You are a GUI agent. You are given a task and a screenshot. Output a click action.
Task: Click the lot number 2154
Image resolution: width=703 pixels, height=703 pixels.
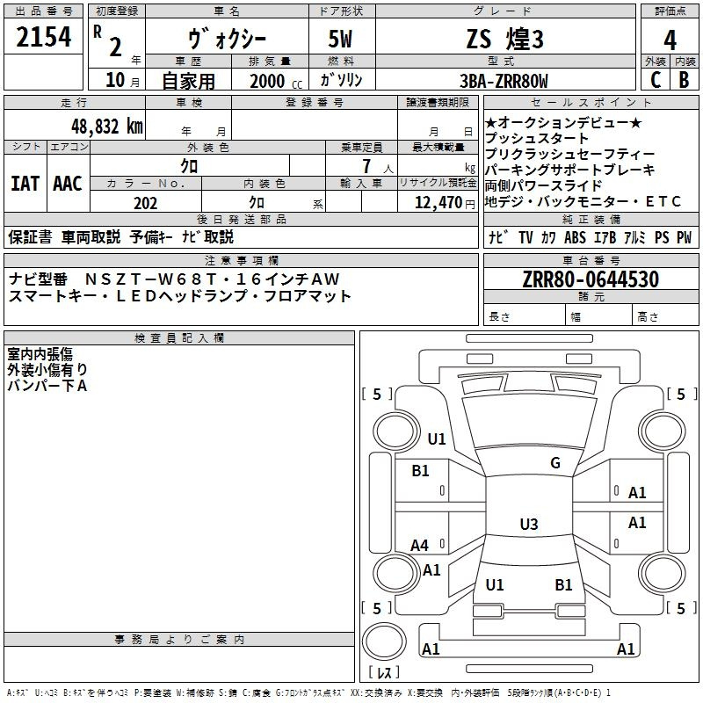44,38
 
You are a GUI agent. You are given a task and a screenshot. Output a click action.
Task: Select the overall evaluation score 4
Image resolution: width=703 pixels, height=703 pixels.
670,40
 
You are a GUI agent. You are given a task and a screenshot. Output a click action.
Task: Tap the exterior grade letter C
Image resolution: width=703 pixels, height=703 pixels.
655,79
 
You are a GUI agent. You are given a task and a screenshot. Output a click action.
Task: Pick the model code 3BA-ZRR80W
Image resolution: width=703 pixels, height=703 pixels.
504,81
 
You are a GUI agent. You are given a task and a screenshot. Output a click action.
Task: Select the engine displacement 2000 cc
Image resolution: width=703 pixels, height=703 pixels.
273,81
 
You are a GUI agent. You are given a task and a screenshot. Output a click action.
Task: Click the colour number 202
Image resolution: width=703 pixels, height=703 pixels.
145,203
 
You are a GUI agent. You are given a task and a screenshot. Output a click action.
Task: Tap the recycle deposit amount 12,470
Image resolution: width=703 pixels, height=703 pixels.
437,203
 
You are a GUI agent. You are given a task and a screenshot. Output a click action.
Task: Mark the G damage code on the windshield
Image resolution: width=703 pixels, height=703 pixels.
554,463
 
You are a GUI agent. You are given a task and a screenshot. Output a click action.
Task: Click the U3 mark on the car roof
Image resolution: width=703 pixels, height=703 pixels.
528,525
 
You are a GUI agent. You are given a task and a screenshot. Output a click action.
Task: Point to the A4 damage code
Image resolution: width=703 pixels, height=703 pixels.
420,546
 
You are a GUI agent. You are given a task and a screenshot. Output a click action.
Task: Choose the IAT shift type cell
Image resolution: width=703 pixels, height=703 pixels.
25,184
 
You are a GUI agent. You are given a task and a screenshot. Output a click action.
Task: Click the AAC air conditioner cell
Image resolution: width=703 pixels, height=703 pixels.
68,184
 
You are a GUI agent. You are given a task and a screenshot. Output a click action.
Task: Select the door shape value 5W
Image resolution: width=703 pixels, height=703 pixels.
342,40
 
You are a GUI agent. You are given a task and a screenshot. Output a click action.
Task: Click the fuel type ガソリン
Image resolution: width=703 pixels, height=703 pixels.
342,81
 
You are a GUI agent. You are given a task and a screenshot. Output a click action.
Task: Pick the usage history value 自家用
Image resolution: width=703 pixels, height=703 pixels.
188,81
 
